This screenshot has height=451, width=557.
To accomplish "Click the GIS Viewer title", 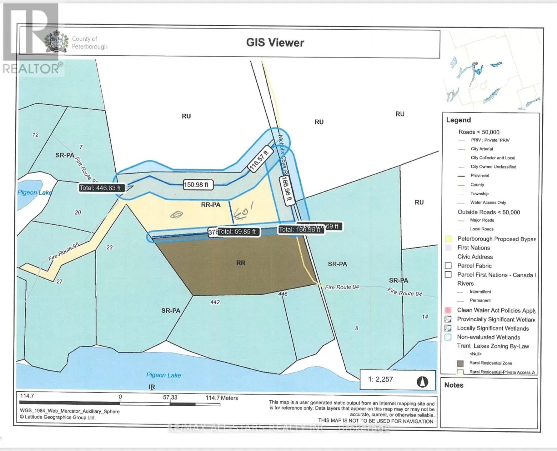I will point(275,43).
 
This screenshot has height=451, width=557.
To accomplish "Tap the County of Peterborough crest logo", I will point(57,42).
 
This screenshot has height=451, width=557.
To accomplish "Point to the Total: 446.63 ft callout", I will point(100,188).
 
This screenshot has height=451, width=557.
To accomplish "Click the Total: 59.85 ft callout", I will point(237,232).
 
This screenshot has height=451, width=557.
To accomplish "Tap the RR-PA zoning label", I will point(210,205).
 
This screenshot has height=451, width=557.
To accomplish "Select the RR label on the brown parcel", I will point(241,263).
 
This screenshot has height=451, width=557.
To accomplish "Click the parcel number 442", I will point(215,302).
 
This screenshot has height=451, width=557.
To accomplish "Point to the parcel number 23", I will point(109,247).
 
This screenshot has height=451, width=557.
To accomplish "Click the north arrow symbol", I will point(422,382).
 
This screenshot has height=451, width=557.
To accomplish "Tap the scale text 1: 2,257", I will point(380,380).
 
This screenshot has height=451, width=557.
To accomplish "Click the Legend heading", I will point(458,120).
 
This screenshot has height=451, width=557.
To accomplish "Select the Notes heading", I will point(454,385).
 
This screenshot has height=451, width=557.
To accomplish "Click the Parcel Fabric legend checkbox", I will point(448,266).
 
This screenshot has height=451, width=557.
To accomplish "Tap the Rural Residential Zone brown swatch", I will point(460,363).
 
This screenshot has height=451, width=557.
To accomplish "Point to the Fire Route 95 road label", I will point(64,252).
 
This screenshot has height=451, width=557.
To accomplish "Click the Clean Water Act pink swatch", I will point(448,310).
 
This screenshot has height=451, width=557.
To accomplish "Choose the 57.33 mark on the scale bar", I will point(170,397).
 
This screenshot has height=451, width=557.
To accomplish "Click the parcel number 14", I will point(425,317).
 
